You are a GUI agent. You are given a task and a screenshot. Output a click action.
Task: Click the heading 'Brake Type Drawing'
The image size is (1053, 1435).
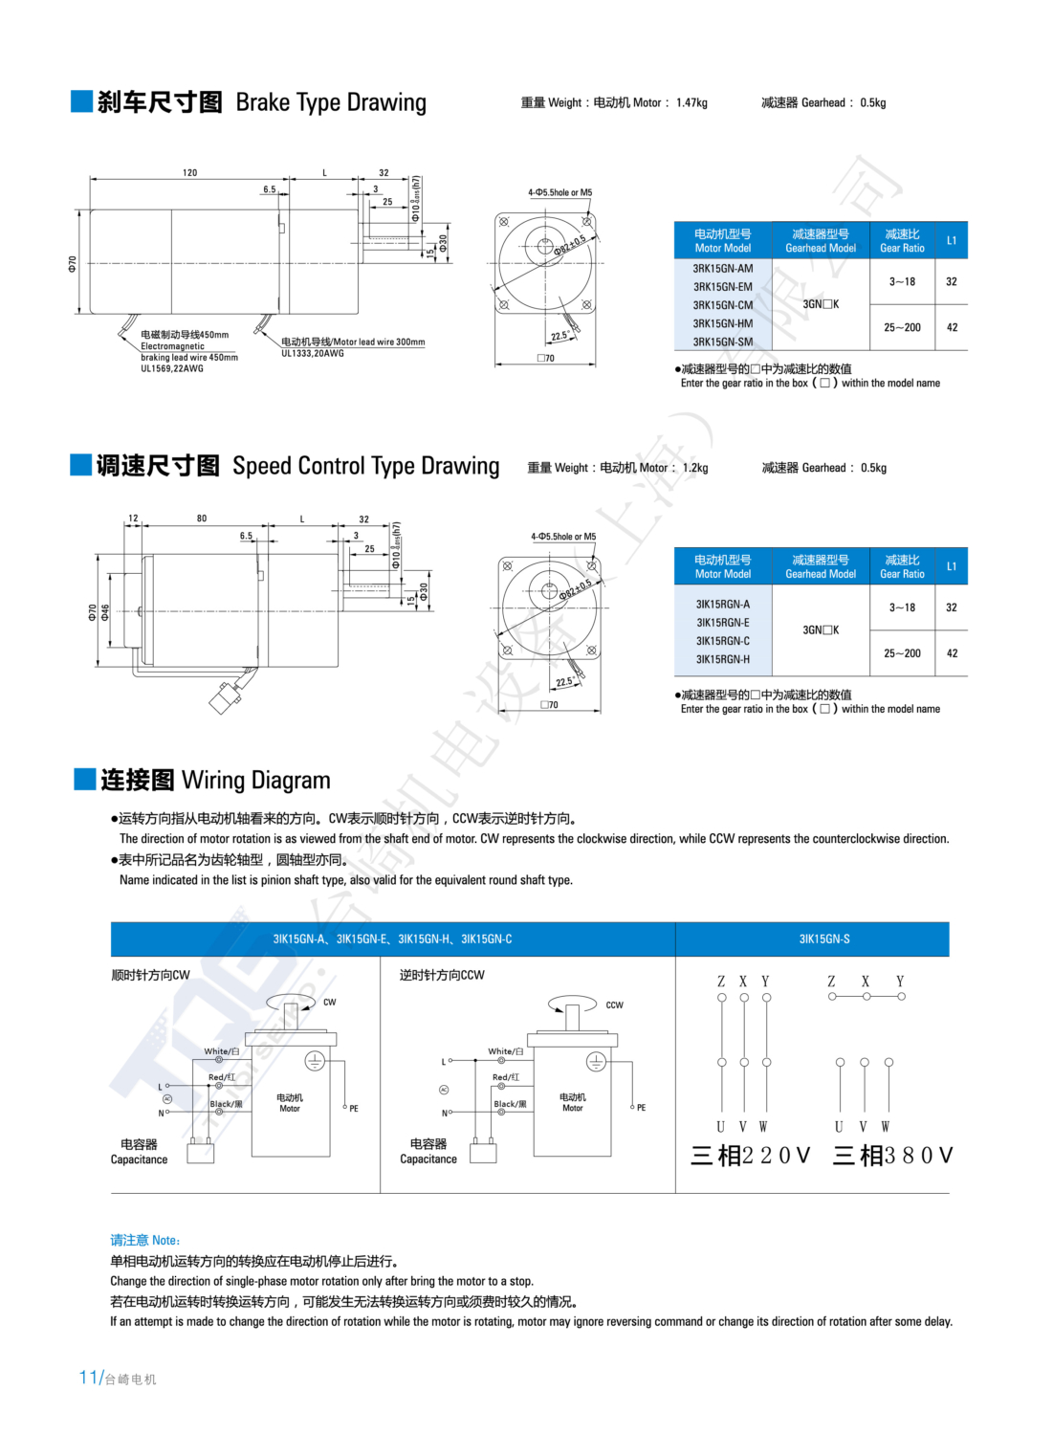(x=330, y=102)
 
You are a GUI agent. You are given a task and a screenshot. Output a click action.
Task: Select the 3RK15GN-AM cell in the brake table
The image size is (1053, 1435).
(x=722, y=269)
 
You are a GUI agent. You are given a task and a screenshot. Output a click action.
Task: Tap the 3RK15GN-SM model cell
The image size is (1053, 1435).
(x=722, y=342)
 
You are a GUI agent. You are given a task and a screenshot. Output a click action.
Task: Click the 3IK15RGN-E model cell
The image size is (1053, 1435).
(x=722, y=623)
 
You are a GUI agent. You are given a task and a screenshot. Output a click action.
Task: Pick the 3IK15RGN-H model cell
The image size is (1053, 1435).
(x=722, y=659)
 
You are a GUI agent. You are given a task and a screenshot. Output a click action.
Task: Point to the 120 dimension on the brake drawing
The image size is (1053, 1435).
(x=189, y=173)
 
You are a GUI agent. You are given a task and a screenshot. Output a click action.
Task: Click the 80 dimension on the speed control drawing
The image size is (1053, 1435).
(x=202, y=519)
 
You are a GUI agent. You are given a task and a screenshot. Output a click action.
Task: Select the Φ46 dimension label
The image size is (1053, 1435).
(x=105, y=610)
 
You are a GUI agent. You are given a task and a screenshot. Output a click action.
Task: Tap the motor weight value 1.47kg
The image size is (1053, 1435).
(x=691, y=103)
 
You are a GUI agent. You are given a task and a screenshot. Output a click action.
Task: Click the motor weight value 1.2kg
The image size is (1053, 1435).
(x=695, y=468)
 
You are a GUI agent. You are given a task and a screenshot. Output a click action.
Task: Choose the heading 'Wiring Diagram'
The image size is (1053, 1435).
(x=255, y=781)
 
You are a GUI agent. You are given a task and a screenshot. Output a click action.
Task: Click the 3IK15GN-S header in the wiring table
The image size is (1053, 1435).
(x=823, y=939)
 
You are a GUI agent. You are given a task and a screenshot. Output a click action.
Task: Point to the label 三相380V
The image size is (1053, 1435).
(x=892, y=1156)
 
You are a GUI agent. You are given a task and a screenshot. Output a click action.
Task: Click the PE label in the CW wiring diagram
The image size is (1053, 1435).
(x=354, y=1109)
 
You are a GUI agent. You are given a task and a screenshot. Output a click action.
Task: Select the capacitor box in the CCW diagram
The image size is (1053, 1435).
(x=483, y=1153)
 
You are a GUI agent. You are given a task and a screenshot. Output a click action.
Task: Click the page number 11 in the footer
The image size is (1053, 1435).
(x=88, y=1378)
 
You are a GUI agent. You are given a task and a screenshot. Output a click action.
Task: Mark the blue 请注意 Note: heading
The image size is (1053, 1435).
(x=145, y=1240)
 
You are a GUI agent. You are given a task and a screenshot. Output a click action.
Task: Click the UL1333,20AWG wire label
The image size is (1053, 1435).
(x=313, y=353)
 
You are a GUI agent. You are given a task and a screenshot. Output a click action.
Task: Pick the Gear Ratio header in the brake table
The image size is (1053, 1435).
(x=902, y=241)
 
